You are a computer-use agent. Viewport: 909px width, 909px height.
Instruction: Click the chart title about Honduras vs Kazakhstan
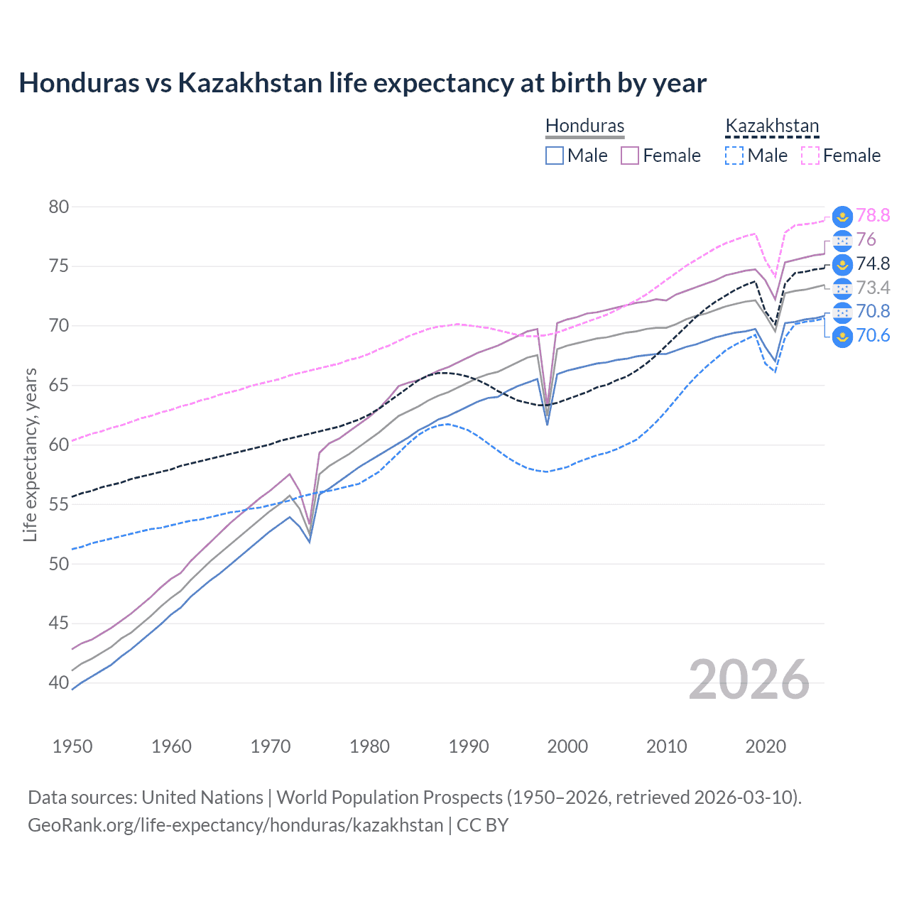[362, 83]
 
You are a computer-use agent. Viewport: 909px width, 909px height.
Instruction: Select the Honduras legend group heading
[584, 126]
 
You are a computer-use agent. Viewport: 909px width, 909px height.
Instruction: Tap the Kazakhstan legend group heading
[772, 126]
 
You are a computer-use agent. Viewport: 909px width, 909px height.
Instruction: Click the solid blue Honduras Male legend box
[555, 156]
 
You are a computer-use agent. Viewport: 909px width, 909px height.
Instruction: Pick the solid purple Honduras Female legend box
[630, 156]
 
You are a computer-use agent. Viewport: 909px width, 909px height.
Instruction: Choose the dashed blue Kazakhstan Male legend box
[734, 156]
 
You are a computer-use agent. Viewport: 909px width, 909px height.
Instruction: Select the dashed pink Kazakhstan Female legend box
[810, 156]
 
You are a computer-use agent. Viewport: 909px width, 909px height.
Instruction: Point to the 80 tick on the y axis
[59, 207]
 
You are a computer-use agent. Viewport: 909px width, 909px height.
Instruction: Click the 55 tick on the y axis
[59, 504]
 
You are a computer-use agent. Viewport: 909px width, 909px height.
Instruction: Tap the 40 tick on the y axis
[59, 682]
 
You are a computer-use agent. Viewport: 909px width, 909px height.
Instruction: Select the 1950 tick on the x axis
[72, 746]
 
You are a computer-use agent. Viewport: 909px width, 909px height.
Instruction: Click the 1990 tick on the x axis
[469, 746]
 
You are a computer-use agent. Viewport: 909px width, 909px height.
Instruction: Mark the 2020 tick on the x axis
[766, 746]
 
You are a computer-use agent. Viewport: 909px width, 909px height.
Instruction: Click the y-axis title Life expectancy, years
[30, 454]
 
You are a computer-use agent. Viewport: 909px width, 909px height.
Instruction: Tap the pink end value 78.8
[873, 215]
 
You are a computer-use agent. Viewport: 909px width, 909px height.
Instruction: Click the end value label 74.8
[873, 263]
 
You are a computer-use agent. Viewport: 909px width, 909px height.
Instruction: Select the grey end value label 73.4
[873, 288]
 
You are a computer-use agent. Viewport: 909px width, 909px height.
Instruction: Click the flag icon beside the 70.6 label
[842, 336]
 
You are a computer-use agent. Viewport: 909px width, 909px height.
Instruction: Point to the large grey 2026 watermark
[749, 680]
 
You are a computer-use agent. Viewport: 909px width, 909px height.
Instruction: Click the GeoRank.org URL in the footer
[235, 825]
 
